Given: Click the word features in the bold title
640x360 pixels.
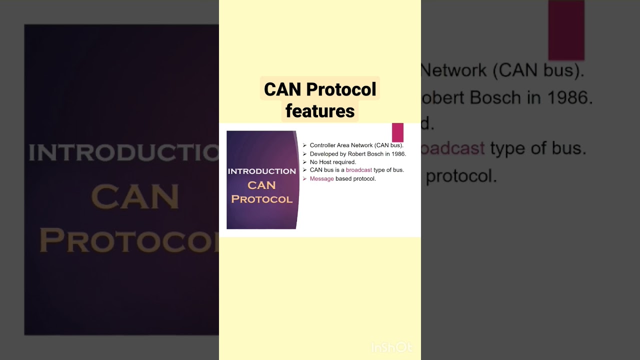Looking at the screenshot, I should tap(320, 111).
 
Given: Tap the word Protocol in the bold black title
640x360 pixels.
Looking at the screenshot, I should tap(341, 89).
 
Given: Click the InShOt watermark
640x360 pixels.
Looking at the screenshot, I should tap(391, 347).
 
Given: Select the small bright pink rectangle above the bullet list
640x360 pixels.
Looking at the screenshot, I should tap(397, 132).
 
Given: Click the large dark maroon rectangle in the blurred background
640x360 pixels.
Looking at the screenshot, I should tap(566, 30).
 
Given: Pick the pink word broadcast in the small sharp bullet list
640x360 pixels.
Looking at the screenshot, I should tap(358, 170).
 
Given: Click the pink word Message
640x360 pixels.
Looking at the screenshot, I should tap(321, 178).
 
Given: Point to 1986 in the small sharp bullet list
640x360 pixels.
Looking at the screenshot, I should tap(398, 154).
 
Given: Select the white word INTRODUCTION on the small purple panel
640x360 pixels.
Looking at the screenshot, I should tap(261, 171).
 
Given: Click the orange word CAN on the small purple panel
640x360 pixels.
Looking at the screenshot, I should tap(261, 185).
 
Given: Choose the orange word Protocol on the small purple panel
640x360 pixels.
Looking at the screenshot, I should tap(261, 199).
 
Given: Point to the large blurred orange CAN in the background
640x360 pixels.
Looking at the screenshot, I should tap(135, 197).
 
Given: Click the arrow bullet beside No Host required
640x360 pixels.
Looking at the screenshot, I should tap(304, 162).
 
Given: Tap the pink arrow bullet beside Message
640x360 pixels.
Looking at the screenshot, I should tap(304, 178).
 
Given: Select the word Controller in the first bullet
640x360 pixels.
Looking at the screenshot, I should tap(322, 145).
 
